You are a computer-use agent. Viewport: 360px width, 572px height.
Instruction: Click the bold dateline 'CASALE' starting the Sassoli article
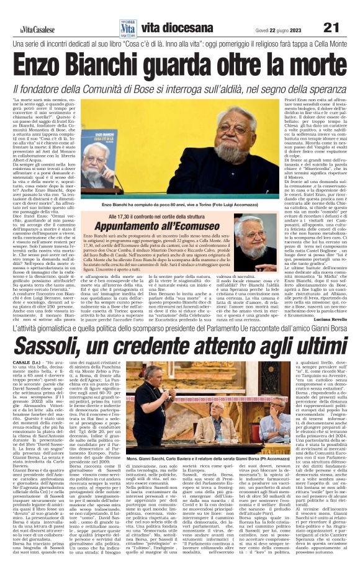click(x=25, y=381)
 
